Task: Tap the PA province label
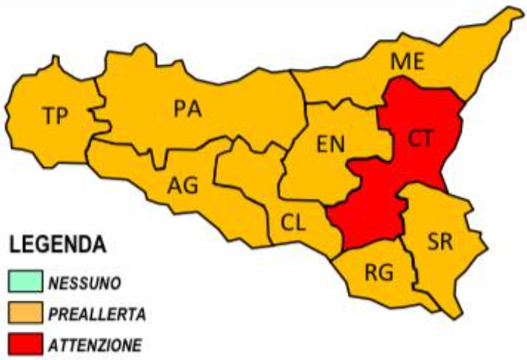pos(187,108)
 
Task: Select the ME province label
pos(407,63)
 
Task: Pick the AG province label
pos(182,185)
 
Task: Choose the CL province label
pos(293,222)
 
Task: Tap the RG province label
pos(378,273)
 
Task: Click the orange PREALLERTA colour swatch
pos(26,313)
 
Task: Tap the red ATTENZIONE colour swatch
pos(26,343)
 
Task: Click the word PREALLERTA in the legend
pos(97,314)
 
